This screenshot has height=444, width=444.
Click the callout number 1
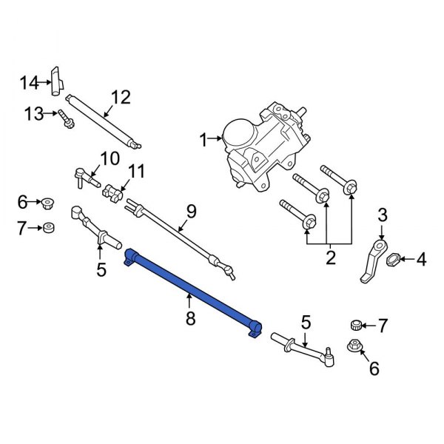[203, 138]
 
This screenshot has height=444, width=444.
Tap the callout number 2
[330, 258]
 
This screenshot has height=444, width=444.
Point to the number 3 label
[382, 215]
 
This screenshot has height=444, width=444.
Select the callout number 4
[421, 259]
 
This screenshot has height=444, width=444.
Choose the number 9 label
[191, 212]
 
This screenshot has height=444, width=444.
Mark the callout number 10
[109, 158]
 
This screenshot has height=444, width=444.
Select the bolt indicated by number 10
[86, 178]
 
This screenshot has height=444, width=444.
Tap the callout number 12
[120, 96]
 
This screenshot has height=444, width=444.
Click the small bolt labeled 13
[67, 116]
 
